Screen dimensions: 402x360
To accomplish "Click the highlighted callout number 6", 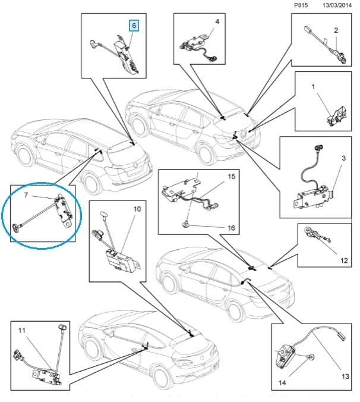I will coord(134,26).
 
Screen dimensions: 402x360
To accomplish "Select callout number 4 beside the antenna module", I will coord(217,22).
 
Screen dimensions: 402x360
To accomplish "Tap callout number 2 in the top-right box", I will coord(336,30).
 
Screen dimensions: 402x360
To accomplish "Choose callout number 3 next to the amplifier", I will coord(343,158).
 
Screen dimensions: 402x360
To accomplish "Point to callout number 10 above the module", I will coord(136,209).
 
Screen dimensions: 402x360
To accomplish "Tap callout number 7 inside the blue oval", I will coord(26,194).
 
